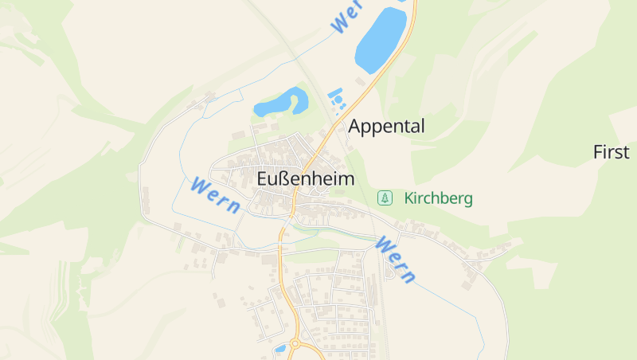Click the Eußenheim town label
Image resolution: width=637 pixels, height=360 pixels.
click(x=306, y=180)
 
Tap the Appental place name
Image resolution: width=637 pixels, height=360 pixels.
click(x=387, y=126)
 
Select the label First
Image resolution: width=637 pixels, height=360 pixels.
click(x=612, y=152)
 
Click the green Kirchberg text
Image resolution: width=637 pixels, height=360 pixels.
click(x=438, y=198)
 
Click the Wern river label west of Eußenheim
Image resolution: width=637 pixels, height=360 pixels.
click(x=215, y=195)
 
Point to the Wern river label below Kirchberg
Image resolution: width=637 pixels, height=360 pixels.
click(x=396, y=260)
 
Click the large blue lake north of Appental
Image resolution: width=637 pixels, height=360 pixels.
click(x=381, y=40)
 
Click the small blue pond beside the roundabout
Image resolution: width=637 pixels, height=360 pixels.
click(x=280, y=348)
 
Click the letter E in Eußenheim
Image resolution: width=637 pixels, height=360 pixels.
click(x=264, y=180)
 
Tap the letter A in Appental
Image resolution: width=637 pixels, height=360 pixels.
click(x=356, y=126)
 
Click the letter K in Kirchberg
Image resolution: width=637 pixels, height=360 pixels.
click(x=408, y=198)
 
